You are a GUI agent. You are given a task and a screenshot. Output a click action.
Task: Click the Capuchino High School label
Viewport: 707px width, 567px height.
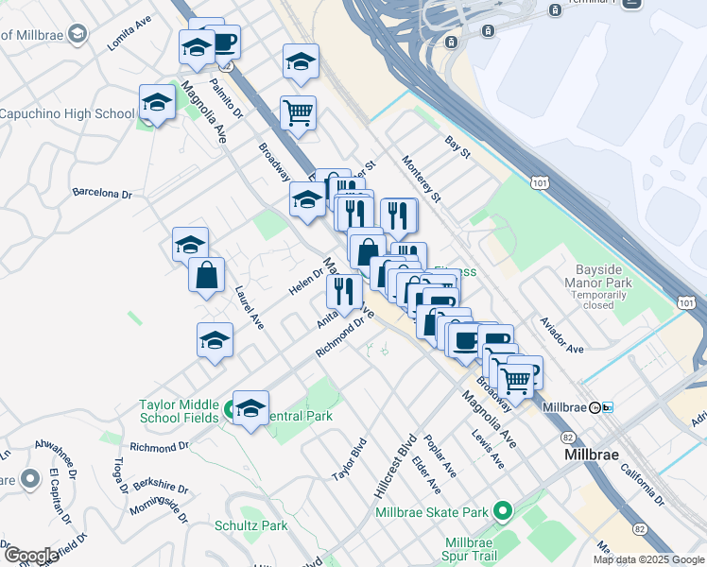point(67,114)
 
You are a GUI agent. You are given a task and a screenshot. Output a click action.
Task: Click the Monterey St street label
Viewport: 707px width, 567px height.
point(422,178)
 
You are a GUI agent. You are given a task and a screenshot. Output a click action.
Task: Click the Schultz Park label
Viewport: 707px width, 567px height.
point(250,525)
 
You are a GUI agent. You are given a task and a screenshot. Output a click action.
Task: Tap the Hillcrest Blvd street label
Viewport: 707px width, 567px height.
point(395,466)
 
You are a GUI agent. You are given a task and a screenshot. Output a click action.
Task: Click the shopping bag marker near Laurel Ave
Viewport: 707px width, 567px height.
point(206,276)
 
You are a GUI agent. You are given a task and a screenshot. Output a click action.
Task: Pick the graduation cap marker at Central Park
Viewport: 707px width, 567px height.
point(250,408)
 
